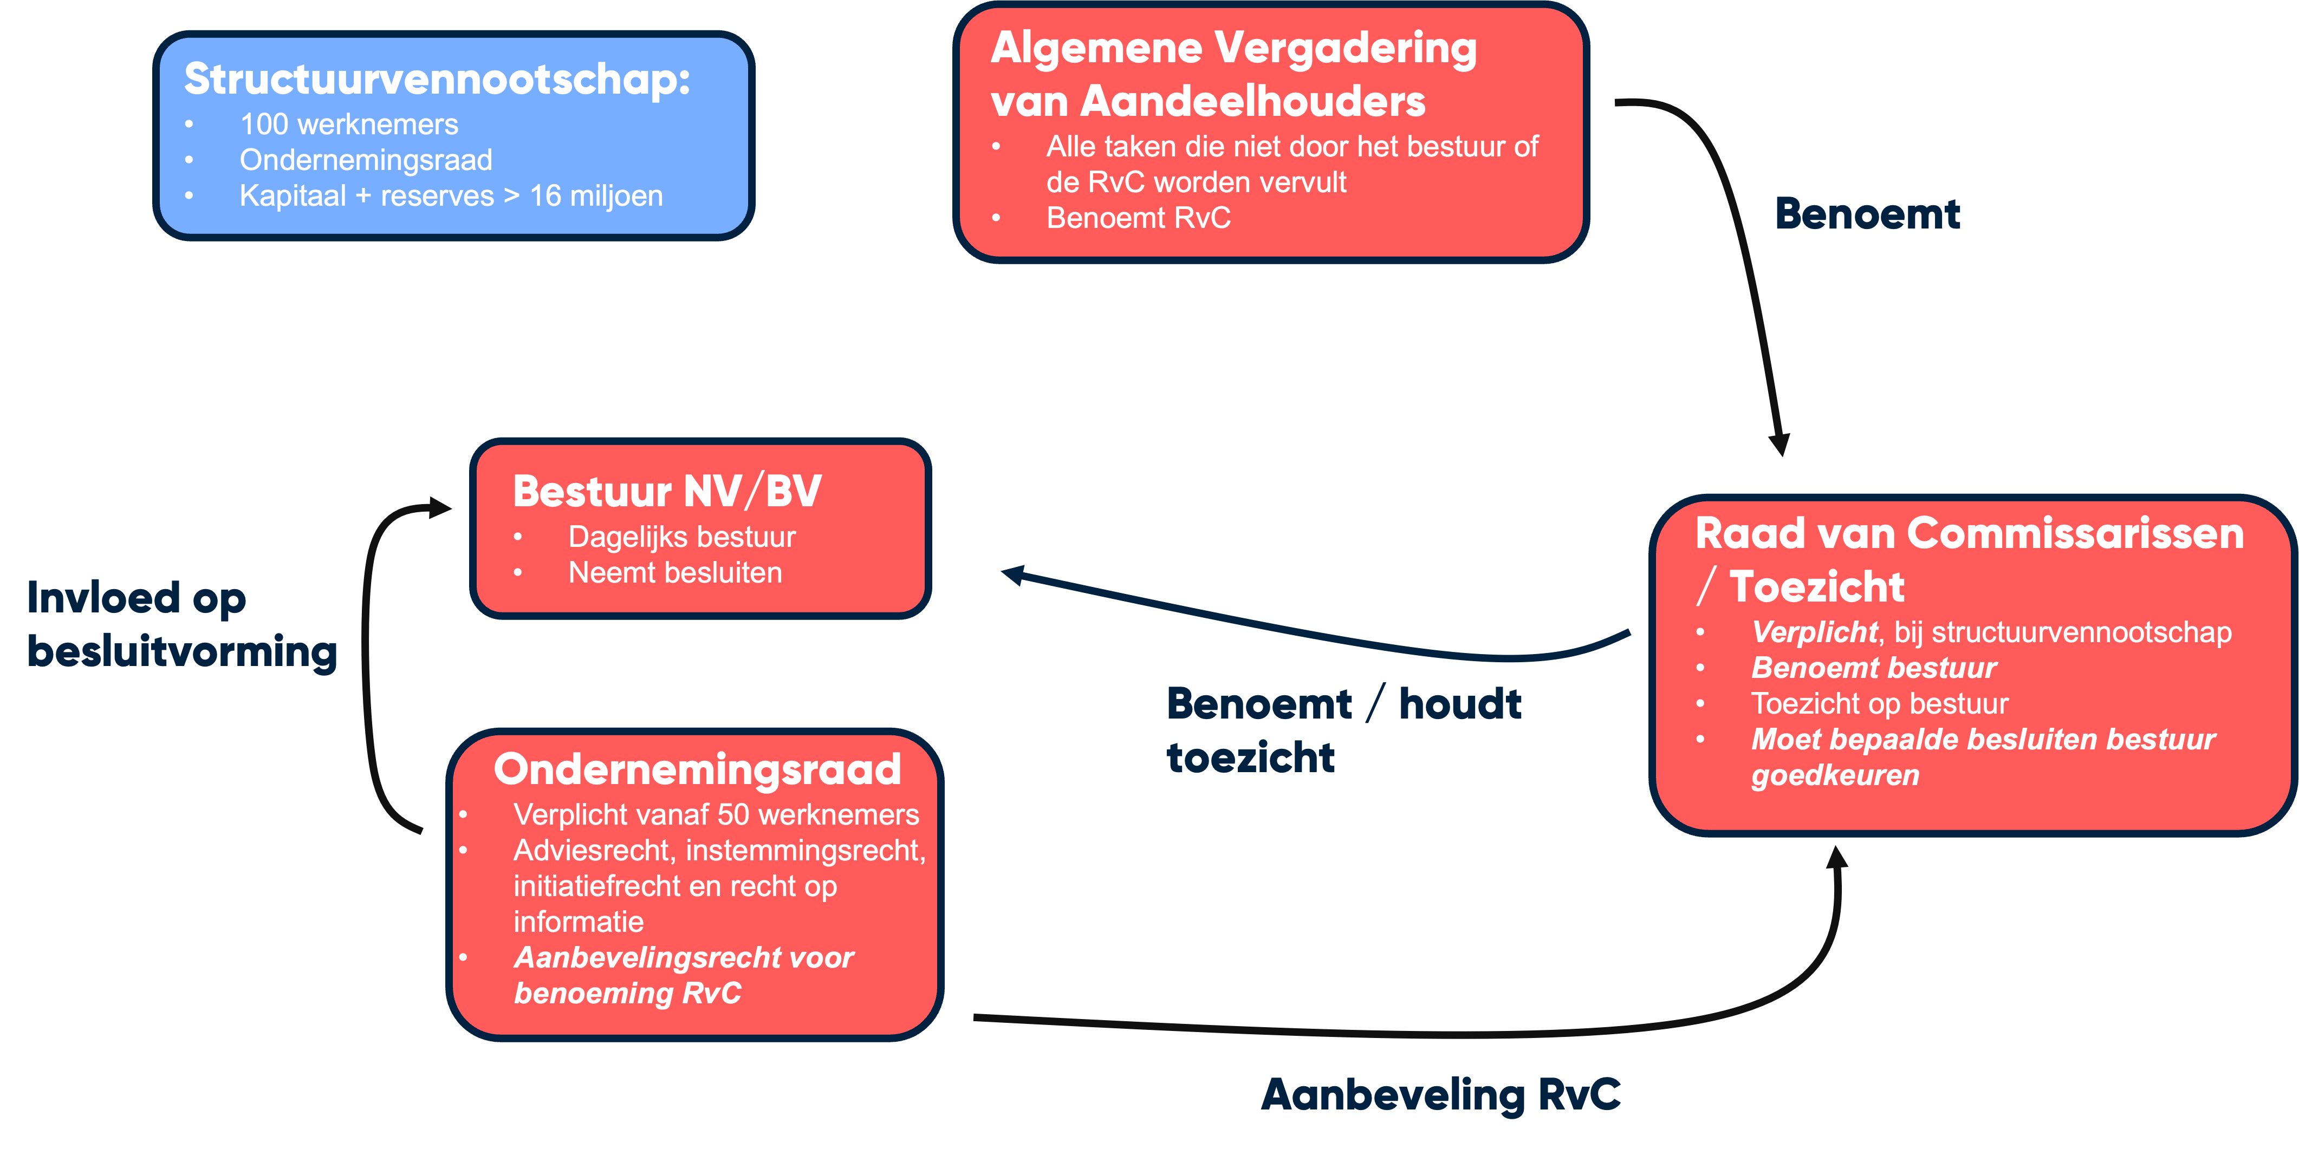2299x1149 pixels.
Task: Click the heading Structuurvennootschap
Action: [437, 80]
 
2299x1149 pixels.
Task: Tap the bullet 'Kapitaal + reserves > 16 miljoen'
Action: [451, 196]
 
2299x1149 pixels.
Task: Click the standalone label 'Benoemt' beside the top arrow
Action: [1867, 214]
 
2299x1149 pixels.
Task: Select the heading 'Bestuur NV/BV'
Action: [667, 492]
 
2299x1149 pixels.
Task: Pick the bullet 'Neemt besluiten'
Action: [675, 573]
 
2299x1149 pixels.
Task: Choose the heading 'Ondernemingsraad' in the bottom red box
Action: [697, 769]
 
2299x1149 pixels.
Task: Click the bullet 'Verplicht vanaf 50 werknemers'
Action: [716, 814]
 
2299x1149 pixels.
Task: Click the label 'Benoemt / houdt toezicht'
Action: [1343, 730]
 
